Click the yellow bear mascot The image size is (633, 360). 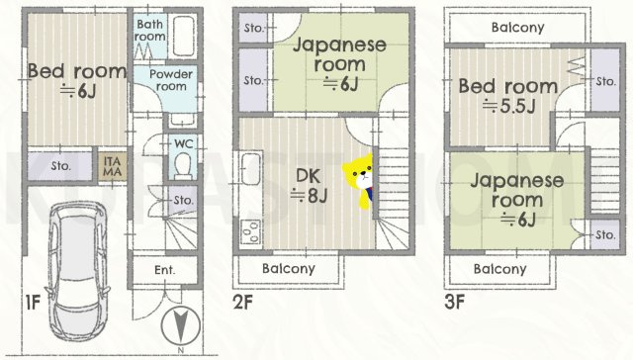click(357, 181)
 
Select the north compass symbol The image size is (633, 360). click(182, 325)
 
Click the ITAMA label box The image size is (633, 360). click(110, 165)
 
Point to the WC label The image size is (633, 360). click(183, 143)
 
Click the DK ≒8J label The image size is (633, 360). click(310, 184)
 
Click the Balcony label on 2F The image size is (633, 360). click(289, 268)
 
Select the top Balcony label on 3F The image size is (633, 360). click(517, 27)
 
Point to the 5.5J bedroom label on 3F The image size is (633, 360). click(507, 97)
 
